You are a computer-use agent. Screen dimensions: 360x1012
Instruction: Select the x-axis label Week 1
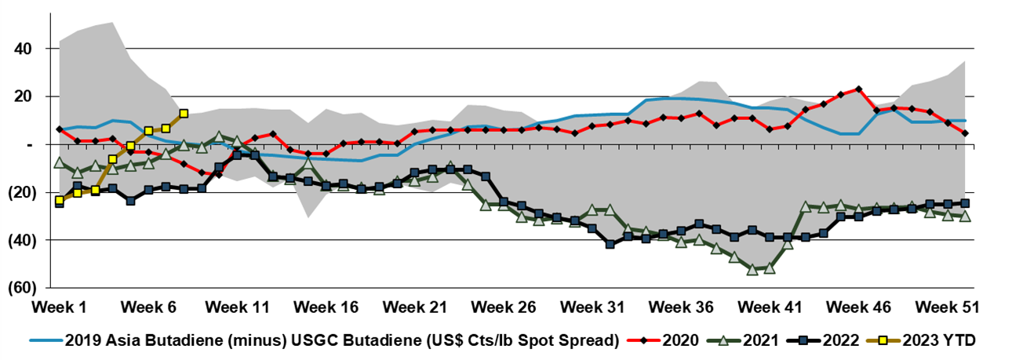point(59,305)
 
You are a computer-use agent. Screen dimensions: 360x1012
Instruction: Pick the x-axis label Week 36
point(682,305)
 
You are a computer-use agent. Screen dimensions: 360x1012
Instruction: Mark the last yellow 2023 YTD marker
point(184,114)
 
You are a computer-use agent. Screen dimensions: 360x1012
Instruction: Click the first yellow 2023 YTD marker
point(60,201)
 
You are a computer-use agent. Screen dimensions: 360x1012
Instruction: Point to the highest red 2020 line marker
point(859,89)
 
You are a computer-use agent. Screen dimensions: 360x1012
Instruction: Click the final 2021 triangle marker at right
point(965,216)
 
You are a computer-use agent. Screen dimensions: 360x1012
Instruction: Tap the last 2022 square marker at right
point(965,203)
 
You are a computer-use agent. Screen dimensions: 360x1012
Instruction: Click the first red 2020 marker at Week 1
point(60,129)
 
